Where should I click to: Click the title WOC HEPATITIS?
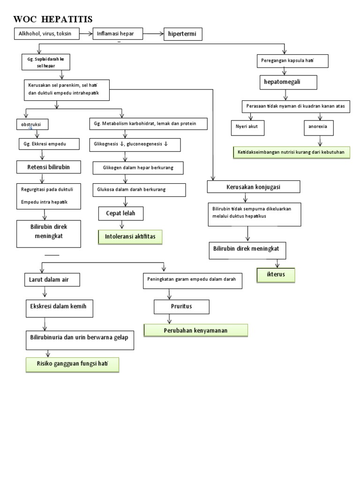point(53,19)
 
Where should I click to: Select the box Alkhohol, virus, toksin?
point(46,34)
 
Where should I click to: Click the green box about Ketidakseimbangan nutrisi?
point(291,152)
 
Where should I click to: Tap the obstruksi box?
point(31,125)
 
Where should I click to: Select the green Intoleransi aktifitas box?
point(130,238)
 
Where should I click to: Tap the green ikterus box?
point(276,274)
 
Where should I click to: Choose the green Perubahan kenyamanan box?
point(195,330)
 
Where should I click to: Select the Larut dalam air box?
point(52,280)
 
